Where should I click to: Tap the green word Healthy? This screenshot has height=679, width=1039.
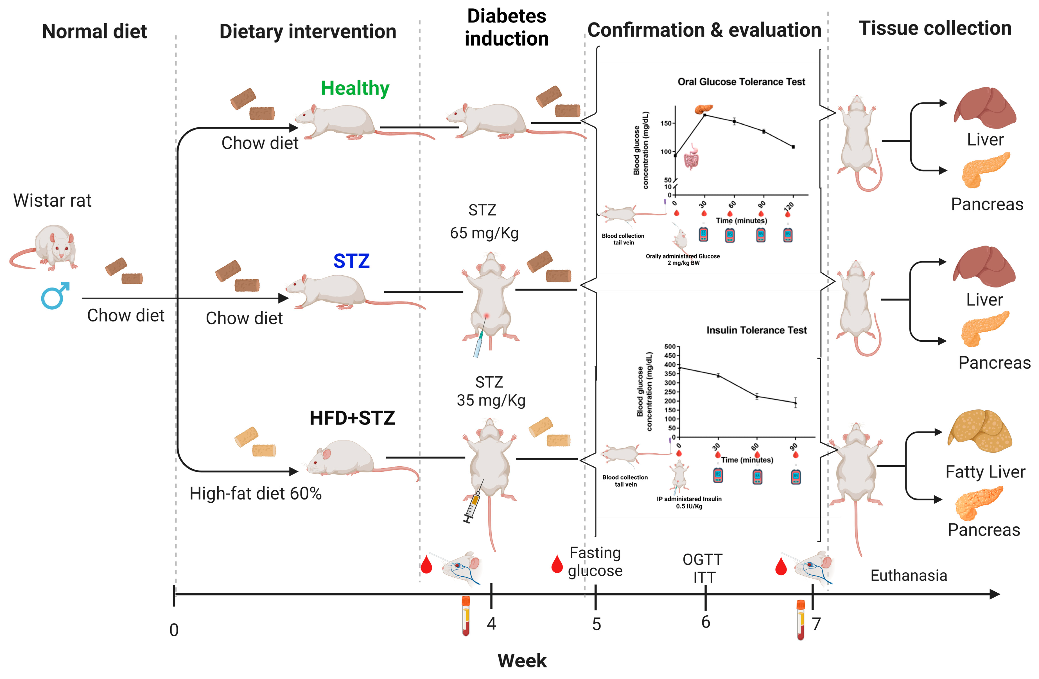355,88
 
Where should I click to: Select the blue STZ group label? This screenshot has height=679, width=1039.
351,261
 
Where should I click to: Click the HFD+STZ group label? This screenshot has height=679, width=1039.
352,418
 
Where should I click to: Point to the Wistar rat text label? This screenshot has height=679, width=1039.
52,201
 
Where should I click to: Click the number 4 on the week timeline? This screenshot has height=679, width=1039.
492,624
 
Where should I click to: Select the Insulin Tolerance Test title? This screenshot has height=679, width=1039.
756,330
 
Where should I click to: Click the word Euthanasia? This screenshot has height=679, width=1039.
909,576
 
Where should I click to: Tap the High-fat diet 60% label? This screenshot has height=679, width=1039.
255,494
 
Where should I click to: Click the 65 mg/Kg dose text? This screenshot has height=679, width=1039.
484,233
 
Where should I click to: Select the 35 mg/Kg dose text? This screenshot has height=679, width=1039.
491,401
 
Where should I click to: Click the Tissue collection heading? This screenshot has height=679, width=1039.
935,28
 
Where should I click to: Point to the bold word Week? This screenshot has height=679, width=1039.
522,661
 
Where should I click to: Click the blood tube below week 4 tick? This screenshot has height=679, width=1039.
466,616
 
